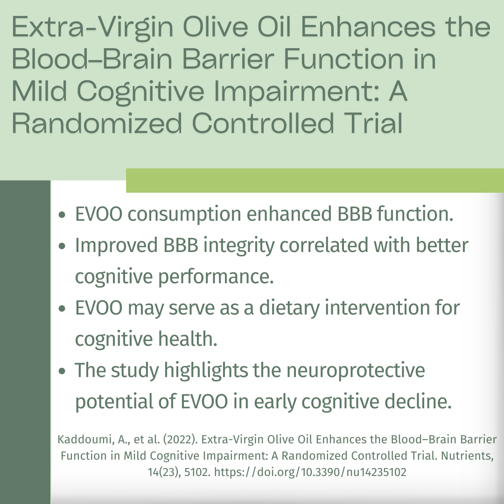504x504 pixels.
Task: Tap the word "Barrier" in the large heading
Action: [228, 59]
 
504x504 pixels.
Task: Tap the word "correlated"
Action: [324, 245]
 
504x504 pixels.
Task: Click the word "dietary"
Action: [289, 308]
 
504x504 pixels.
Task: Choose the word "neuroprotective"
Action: [356, 371]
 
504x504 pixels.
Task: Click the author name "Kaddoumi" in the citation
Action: [84, 440]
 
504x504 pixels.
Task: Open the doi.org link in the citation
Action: [310, 472]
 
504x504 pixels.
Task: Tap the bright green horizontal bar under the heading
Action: [315, 180]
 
